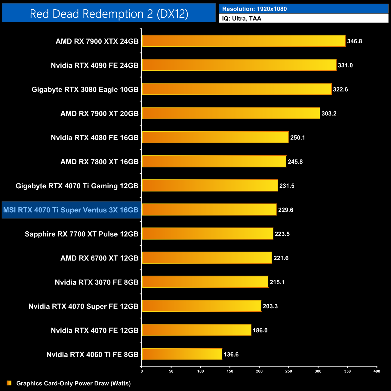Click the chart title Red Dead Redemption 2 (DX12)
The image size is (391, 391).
109,14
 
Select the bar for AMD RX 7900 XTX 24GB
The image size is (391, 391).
244,41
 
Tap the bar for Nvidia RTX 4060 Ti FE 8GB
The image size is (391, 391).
182,354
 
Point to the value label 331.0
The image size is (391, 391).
345,65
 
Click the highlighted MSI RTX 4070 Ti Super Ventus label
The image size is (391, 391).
71,210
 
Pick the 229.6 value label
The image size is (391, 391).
285,210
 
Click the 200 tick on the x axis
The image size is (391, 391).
259,371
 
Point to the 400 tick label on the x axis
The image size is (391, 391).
377,371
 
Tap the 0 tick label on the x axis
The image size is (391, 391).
142,371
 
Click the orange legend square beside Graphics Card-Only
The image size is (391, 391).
9,383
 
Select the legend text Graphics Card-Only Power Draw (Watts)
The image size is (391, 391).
73,383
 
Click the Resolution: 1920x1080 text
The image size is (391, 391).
254,9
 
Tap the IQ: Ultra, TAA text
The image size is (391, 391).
242,19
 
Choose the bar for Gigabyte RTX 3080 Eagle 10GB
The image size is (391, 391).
237,89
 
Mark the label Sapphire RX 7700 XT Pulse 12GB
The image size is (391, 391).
82,234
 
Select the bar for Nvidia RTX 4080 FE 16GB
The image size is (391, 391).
215,137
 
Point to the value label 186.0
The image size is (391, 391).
260,330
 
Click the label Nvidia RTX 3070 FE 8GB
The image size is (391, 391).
97,282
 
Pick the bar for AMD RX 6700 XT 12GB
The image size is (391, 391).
207,258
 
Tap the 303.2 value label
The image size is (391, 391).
329,113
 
